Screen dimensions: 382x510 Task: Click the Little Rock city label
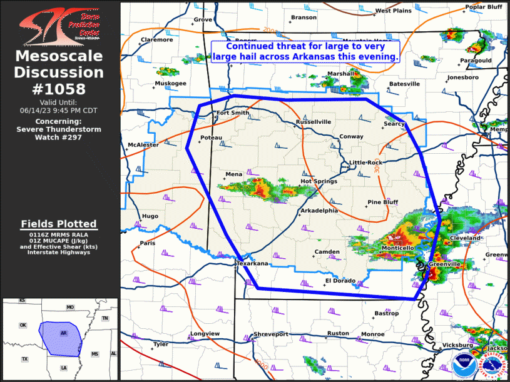(365, 163)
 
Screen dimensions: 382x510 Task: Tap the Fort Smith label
(232, 113)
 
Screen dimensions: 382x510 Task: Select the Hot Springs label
(319, 181)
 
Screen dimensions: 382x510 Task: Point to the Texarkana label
(252, 264)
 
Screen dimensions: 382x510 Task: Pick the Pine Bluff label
(382, 202)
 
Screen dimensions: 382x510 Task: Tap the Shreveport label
(271, 334)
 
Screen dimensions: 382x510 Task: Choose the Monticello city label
(397, 248)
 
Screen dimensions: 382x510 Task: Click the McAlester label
(143, 144)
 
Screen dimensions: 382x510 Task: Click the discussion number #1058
(60, 89)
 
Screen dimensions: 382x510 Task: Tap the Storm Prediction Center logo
(60, 25)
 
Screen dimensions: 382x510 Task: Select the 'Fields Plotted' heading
(59, 223)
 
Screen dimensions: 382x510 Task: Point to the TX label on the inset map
(25, 359)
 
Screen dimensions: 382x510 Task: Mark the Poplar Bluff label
(484, 7)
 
